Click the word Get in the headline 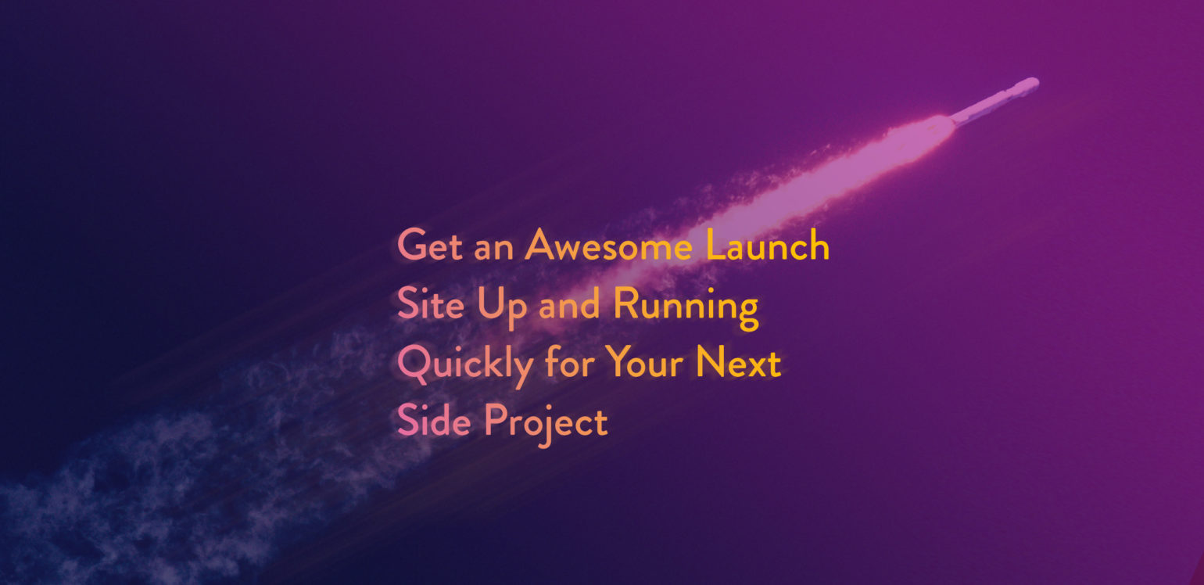429,246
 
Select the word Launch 768,245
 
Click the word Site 430,303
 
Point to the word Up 502,307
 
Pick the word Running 686,307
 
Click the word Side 434,420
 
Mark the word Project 546,425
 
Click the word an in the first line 493,250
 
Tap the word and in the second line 569,304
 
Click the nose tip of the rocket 1037,81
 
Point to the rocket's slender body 994,102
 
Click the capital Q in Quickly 414,364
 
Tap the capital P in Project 496,420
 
